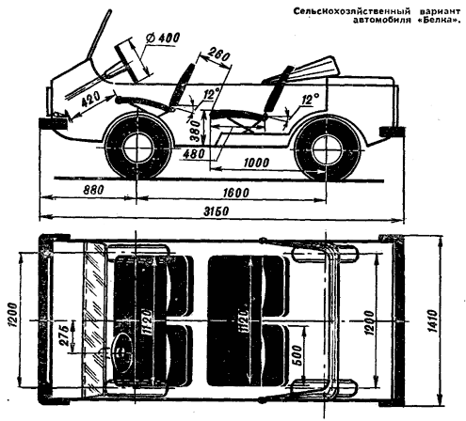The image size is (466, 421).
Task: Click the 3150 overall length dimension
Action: pos(216,211)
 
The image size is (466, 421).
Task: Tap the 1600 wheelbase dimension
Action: pos(235,193)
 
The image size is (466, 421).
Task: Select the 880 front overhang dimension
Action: pos(92,190)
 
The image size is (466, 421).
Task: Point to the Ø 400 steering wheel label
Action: pos(162,38)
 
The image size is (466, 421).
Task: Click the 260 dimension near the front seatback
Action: pos(218,55)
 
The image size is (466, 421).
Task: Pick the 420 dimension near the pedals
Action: pos(91,100)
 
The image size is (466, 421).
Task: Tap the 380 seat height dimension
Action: pos(195,131)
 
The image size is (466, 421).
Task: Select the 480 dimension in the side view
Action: pos(194,154)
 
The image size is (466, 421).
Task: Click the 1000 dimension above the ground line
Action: pos(256,163)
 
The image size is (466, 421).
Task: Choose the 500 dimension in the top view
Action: pos(298,355)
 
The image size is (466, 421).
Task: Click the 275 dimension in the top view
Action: pos(64,335)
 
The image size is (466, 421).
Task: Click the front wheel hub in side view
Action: pos(137,148)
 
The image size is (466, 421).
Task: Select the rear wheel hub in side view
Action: pos(327,149)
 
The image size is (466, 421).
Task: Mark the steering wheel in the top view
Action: pos(121,351)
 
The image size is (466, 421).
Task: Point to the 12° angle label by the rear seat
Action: pos(309,100)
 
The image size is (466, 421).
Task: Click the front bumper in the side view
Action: pos(53,123)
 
